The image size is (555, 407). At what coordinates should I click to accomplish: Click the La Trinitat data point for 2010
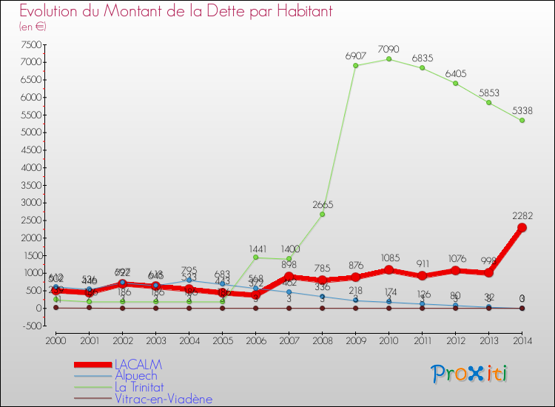tap(388, 59)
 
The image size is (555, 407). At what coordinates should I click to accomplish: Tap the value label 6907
tap(356, 55)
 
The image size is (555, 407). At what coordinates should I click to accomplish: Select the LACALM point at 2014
tap(522, 227)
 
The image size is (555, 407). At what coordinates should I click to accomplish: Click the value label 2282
tap(522, 215)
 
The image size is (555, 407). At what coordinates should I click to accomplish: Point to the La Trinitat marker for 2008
tap(322, 214)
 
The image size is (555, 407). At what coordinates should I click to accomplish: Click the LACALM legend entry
tap(138, 365)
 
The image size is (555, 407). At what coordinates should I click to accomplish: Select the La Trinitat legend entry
tap(141, 388)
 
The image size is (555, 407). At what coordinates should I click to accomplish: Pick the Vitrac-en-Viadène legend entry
tap(163, 399)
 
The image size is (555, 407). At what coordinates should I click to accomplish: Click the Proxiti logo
tap(470, 374)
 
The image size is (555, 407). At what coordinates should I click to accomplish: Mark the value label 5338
tap(522, 110)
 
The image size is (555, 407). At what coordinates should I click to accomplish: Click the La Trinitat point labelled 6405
tap(455, 83)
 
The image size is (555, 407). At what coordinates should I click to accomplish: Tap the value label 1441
tap(256, 248)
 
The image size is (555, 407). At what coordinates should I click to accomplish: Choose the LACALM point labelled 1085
tap(388, 270)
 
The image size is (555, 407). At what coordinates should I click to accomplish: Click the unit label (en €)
tap(33, 27)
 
